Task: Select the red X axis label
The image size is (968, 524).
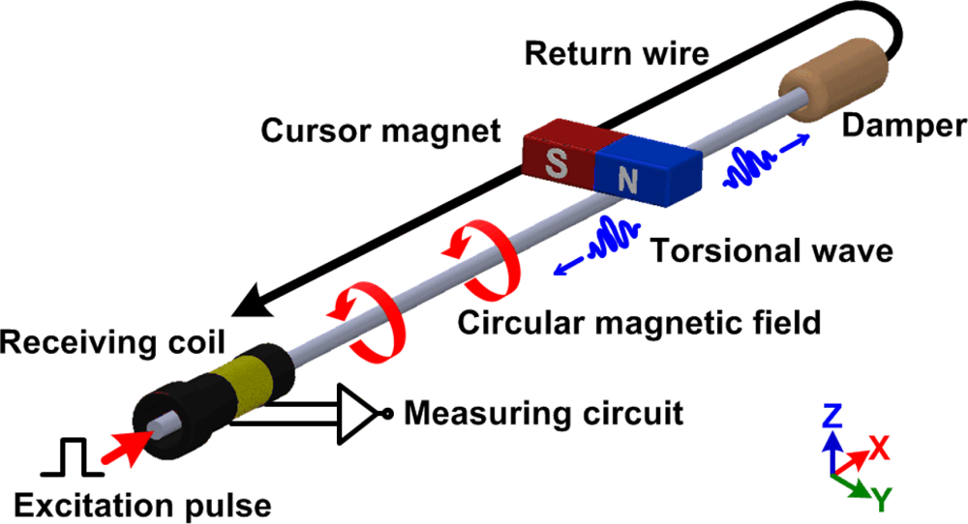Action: [x=879, y=446]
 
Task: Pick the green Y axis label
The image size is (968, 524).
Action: [x=882, y=499]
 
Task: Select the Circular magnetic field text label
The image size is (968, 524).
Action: [x=639, y=321]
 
